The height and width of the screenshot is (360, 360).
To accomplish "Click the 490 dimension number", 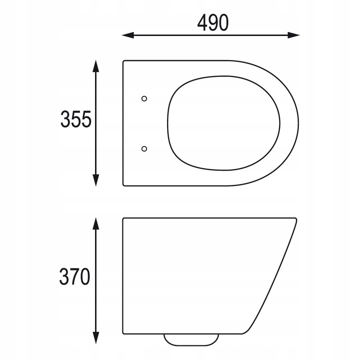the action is (213, 22).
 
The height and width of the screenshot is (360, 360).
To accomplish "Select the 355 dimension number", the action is (76, 119).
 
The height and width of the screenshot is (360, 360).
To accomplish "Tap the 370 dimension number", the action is (74, 276).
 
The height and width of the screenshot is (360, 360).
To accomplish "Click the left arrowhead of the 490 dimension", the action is (128, 35).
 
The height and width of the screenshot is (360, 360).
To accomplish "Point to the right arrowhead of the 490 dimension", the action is (293, 35).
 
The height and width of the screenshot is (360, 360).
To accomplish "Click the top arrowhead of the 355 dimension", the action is (95, 66).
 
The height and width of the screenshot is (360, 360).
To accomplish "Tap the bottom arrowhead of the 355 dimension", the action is (95, 180).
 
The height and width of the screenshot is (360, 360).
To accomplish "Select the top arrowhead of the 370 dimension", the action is (95, 223).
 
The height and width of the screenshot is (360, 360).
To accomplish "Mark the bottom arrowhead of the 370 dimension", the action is (95, 338).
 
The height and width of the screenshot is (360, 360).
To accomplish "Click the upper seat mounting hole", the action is (144, 98).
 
